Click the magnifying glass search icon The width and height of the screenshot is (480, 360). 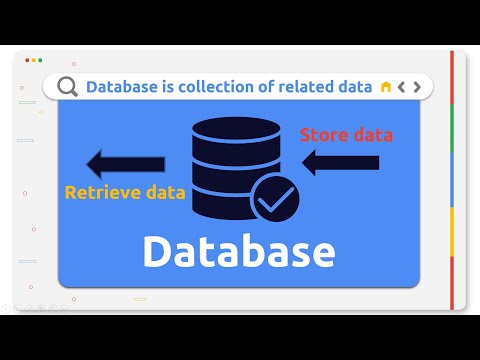coord(67,87)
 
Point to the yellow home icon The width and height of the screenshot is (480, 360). coord(385,87)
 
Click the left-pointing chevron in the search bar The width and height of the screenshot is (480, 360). coord(401,87)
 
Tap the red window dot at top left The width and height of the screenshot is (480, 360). coord(27,60)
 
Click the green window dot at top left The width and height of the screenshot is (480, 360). coord(40,60)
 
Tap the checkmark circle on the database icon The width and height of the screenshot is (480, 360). coord(273,199)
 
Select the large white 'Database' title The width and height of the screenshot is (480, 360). coord(238,251)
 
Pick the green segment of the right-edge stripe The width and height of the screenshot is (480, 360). coord(452,128)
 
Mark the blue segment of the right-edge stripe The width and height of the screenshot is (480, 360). coord(452,180)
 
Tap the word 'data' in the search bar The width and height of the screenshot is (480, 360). coord(354,87)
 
